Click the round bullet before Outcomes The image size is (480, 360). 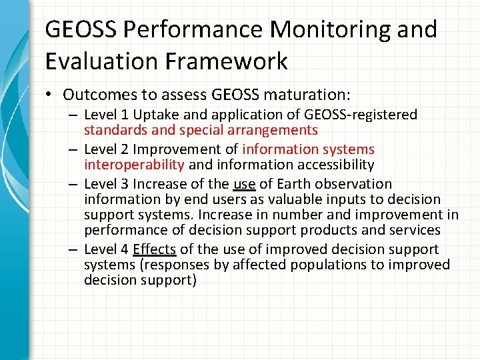tap(51, 95)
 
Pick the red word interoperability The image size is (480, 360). tap(134, 165)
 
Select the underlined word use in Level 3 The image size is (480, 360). tap(245, 184)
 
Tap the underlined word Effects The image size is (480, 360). tap(155, 249)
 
